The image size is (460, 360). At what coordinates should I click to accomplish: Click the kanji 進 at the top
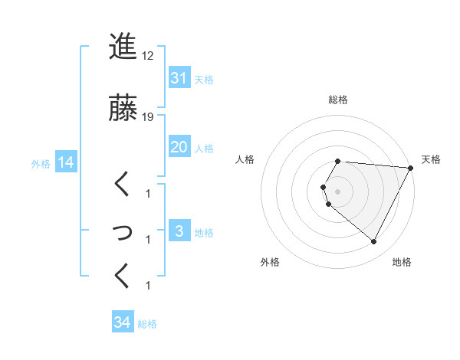pos(122,47)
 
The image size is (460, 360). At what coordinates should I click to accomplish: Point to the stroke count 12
pos(148,56)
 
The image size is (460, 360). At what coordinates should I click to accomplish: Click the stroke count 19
pos(148,117)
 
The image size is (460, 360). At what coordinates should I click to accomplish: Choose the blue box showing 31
pos(179,78)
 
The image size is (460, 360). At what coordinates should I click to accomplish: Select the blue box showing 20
pos(179,147)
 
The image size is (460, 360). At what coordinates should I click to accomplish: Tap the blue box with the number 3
pos(179,232)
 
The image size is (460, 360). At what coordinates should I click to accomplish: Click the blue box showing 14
pos(65,162)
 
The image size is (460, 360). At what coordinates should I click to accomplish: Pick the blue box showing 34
pos(123,323)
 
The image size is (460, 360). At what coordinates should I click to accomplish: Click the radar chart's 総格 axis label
pos(337,100)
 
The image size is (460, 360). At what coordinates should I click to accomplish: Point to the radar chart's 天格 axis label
pos(431,159)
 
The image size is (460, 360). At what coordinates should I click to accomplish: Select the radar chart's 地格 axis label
pos(402,262)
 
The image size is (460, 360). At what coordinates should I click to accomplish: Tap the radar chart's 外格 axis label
pos(270,262)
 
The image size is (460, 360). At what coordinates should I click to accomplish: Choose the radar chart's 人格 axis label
pos(245,159)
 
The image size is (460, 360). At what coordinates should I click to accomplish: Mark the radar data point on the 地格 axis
pos(373,241)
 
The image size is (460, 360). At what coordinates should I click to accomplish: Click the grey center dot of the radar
pos(337,191)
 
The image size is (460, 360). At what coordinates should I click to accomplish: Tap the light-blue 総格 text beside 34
pos(147,324)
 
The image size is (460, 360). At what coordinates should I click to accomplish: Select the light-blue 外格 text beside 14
pos(41,163)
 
